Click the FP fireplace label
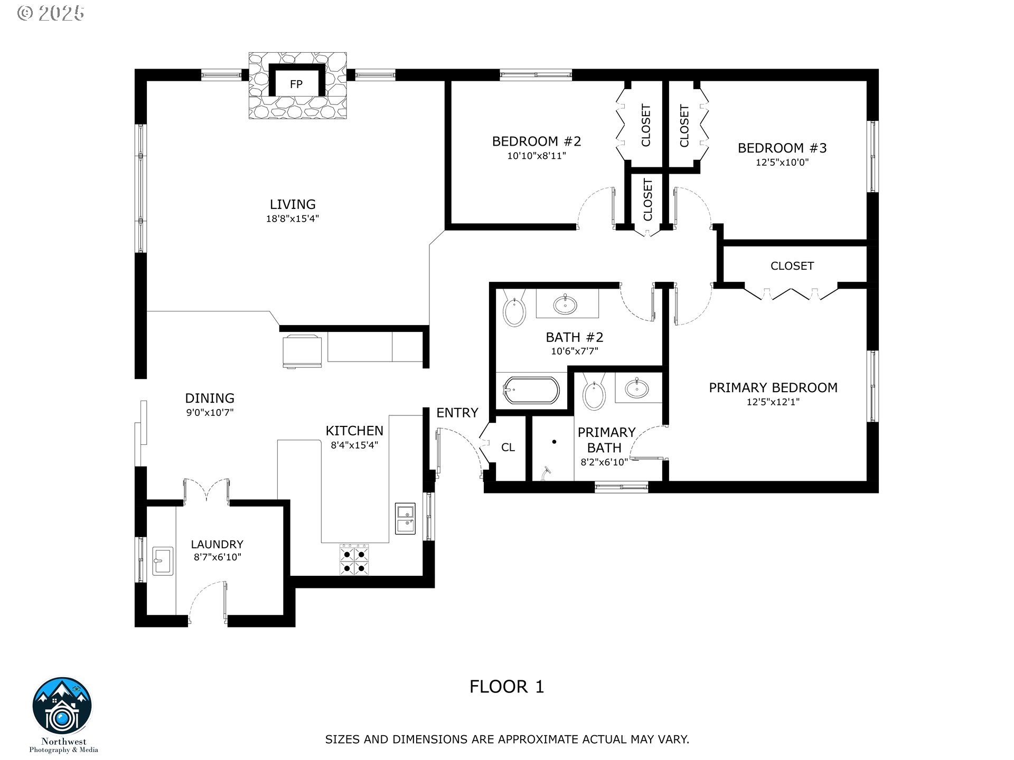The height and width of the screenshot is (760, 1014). pos(296,84)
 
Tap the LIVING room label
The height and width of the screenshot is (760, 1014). pos(293,204)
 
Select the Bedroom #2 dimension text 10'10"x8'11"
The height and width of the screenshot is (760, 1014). pos(537,156)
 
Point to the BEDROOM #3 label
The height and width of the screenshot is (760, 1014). pos(782,148)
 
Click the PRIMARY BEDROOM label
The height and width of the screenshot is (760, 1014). pos(773,387)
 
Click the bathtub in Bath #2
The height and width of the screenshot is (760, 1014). pos(531,391)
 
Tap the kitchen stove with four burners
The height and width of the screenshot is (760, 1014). pos(354,559)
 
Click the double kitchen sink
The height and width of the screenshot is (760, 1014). pos(405,519)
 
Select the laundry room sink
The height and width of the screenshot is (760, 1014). pos(163,560)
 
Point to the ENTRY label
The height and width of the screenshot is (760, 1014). pos(457,413)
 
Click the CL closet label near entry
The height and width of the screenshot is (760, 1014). pos(508,448)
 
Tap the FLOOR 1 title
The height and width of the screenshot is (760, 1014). pos(507,687)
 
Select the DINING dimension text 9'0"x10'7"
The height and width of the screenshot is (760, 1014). pos(210,413)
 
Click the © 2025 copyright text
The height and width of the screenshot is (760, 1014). pos(51,13)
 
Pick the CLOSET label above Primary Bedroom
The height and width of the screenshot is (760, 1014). pos(792,266)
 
